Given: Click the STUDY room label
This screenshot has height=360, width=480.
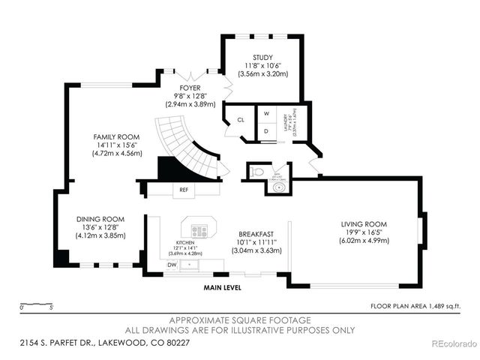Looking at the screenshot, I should coord(262,57).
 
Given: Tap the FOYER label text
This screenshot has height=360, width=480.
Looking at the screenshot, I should coord(189,87).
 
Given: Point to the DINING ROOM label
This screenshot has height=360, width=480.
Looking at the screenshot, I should coord(100,219).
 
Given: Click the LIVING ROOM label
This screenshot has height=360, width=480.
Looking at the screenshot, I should coord(364,223).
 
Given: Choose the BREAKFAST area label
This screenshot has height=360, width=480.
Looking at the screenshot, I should coord(255,233).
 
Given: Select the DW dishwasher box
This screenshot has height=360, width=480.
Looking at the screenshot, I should coord(172,265).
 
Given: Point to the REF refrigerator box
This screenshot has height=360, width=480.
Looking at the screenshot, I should coord(184,190).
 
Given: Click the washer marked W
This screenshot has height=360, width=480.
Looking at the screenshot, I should coord(266,114).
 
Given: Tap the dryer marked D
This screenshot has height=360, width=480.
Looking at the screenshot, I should coord(266,130).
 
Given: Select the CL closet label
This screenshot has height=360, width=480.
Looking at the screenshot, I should coord(241,119).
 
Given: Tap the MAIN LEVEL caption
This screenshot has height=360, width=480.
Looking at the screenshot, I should coord(225,286).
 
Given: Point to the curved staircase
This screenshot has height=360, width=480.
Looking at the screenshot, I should coord(187,146).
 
